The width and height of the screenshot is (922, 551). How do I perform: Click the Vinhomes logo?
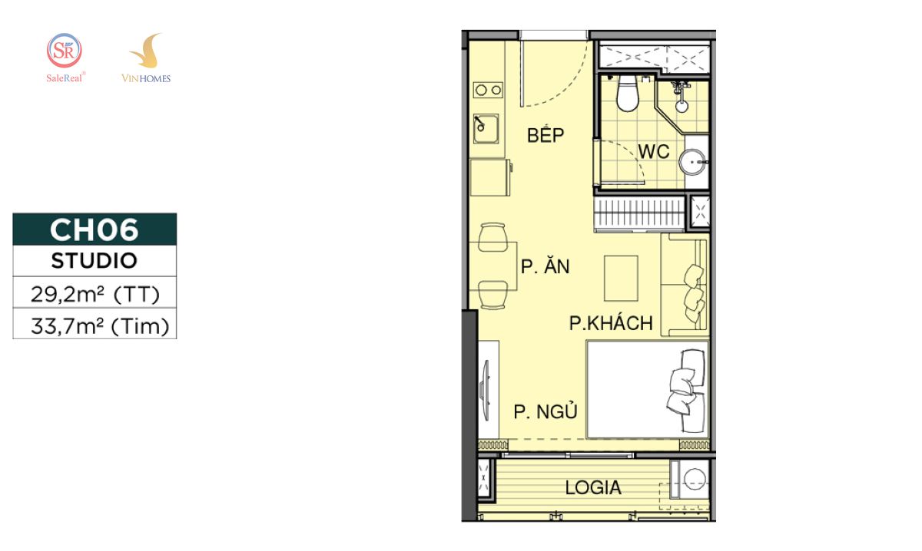click(146, 58)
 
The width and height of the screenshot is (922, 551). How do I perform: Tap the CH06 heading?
click(95, 230)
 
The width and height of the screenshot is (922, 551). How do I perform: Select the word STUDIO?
click(95, 261)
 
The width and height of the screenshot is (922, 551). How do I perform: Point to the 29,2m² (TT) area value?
click(95, 294)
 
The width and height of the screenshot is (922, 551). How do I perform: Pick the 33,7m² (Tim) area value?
click(100, 326)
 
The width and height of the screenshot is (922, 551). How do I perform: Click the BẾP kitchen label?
click(546, 134)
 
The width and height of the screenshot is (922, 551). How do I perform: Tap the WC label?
click(654, 152)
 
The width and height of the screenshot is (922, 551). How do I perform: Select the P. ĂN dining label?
click(546, 266)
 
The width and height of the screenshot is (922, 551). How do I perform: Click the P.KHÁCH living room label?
click(611, 323)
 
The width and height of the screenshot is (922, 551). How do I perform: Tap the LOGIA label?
click(593, 487)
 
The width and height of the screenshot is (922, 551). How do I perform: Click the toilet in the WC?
click(627, 94)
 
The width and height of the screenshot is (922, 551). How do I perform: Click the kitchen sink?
click(486, 129)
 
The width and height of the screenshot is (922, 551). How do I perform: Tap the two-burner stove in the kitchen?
click(488, 90)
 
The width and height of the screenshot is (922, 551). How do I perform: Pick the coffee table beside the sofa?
click(621, 279)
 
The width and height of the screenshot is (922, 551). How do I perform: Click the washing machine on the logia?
click(690, 480)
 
